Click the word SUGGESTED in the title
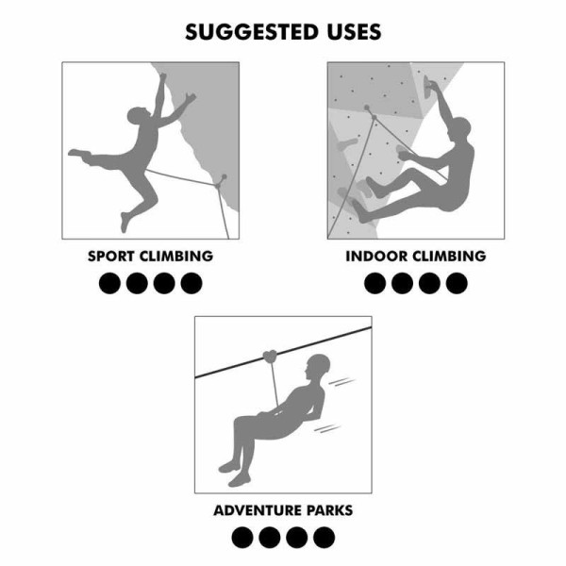(247, 32)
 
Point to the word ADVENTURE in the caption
(260, 510)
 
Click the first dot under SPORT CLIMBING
(110, 282)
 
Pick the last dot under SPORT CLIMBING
(191, 282)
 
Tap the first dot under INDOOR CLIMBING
(375, 282)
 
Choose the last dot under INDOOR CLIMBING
(457, 282)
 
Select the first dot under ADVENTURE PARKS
(242, 538)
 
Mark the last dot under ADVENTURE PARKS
(324, 538)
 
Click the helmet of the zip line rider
(321, 363)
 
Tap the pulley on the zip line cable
(272, 357)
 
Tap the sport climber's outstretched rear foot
(74, 153)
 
